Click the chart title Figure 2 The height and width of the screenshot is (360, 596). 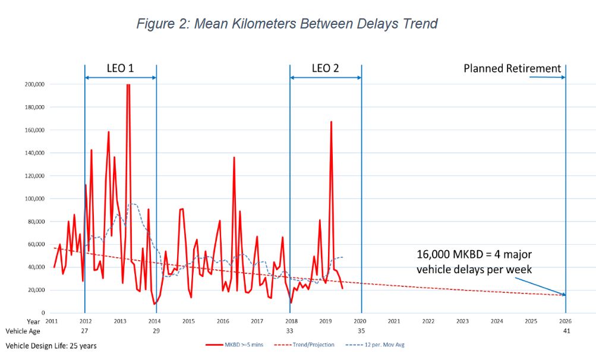tap(287, 24)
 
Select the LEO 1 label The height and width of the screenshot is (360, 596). tap(121, 68)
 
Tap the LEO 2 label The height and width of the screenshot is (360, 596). tap(325, 68)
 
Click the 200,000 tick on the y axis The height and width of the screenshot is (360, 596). tap(34, 84)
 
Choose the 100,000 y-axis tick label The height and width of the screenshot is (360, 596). tap(34, 198)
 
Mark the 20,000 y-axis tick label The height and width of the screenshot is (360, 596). tap(36, 290)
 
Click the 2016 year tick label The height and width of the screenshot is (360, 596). tap(223, 321)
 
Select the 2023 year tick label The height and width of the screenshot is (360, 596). tap(462, 321)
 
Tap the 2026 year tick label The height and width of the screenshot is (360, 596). tap(565, 321)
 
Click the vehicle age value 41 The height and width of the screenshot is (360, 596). tap(566, 331)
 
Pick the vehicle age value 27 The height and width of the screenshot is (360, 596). tap(85, 331)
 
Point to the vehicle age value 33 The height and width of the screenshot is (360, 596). tap(290, 331)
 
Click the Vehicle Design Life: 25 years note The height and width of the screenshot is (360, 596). tap(51, 345)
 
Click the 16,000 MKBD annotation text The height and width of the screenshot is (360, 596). tap(474, 262)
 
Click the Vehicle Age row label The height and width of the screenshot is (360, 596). tap(21, 331)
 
